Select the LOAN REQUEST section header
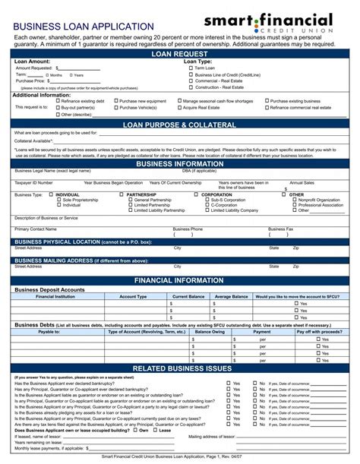click(x=179, y=55)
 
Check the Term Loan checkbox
click(x=191, y=68)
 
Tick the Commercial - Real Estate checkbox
click(x=191, y=81)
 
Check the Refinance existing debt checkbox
click(x=57, y=101)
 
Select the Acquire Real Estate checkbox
click(x=179, y=108)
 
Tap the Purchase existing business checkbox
click(x=266, y=101)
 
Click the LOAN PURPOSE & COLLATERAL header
click(x=179, y=125)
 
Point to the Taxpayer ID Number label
click(x=34, y=183)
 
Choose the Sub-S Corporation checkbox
click(x=206, y=200)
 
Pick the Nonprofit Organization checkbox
click(x=294, y=200)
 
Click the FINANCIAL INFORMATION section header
click(x=179, y=280)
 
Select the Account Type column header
click(x=133, y=296)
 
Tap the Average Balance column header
click(x=231, y=296)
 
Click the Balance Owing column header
click(x=208, y=332)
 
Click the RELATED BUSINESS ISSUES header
click(x=179, y=368)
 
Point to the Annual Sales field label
click(x=302, y=183)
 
